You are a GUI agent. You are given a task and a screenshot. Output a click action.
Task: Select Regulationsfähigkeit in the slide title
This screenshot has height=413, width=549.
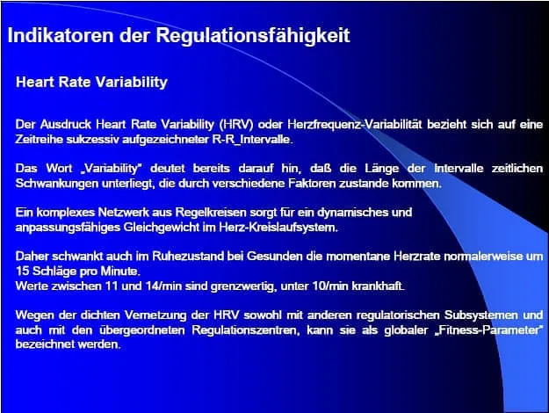(x=253, y=36)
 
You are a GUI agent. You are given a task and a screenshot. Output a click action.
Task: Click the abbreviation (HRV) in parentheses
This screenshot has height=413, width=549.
(x=236, y=125)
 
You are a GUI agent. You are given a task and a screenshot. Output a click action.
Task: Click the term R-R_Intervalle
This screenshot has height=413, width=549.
(x=252, y=140)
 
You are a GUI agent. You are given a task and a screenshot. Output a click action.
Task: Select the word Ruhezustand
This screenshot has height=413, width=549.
(x=188, y=257)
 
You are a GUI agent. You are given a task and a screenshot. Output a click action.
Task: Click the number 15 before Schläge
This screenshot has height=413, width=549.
(x=22, y=272)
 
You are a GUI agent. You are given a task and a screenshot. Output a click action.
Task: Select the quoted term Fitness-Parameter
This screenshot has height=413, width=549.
(x=464, y=330)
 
